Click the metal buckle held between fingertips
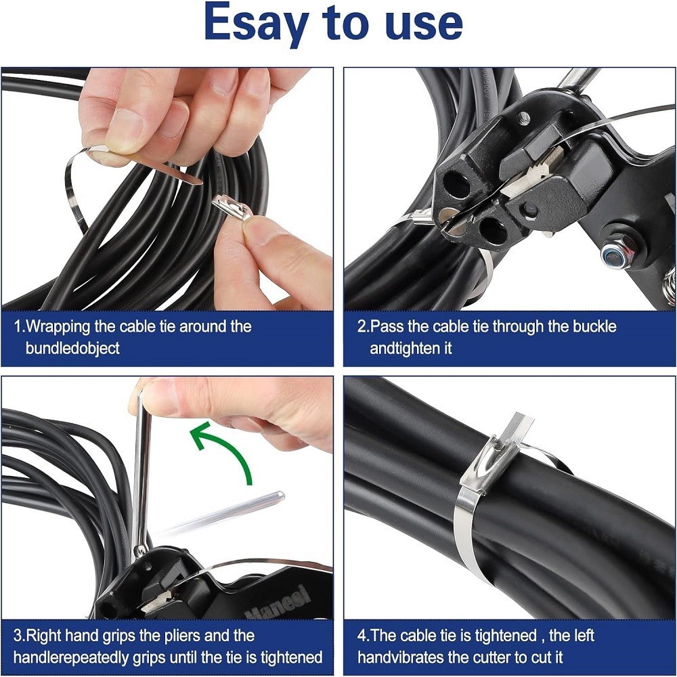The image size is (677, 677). pos(232,206)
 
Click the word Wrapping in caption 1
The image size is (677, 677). pos(58,326)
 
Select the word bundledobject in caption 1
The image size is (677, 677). pos(72,349)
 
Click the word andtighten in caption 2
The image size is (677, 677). pos(410,349)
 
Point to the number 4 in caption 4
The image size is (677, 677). pos(362,636)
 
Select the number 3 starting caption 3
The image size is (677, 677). pos(17,636)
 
